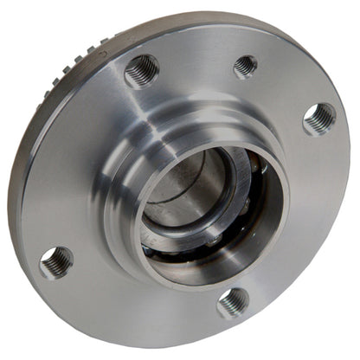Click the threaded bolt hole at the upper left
[142, 71]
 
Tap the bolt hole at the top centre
[245, 66]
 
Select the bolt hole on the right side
[319, 118]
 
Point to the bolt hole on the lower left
[56, 261]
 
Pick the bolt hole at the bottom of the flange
[234, 302]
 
